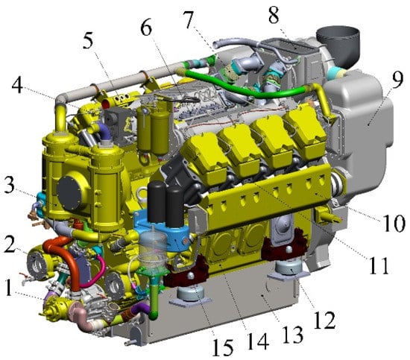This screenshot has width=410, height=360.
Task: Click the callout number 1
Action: (x=9, y=288)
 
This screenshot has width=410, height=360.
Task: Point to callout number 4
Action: (x=17, y=86)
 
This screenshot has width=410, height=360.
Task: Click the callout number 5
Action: (x=88, y=41)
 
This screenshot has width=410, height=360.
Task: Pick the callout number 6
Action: (x=146, y=28)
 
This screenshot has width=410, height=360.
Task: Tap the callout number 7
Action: (x=189, y=20)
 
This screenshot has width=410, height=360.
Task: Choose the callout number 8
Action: (x=274, y=15)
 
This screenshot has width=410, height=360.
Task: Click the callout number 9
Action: (x=397, y=80)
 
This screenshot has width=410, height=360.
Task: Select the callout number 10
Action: (x=394, y=223)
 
